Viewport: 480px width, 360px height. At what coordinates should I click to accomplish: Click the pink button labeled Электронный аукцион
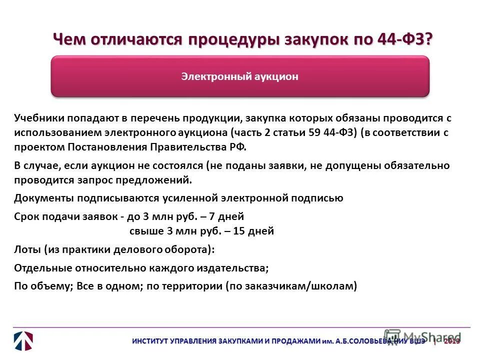(240, 76)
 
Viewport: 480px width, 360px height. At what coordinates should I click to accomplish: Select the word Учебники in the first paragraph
(38, 118)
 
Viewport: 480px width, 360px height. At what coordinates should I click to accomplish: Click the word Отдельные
(42, 268)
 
